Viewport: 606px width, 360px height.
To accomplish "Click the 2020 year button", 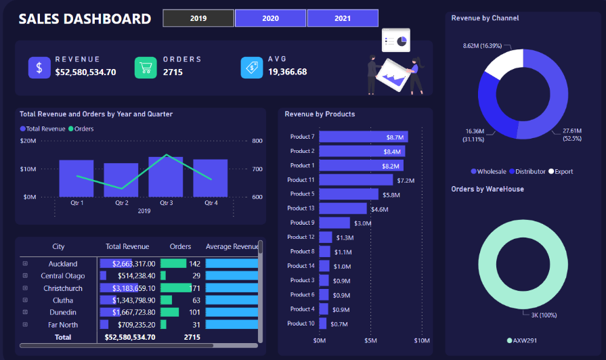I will (x=270, y=18).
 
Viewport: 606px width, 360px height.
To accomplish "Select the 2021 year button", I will (x=343, y=18).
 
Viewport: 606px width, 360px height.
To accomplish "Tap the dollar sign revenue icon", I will (x=39, y=68).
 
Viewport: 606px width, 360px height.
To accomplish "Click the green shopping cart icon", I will (x=146, y=68).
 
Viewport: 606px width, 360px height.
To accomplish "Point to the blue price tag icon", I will (x=252, y=68).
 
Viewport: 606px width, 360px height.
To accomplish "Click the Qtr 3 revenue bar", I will (x=166, y=177).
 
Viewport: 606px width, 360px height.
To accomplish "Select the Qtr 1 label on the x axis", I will (x=77, y=202).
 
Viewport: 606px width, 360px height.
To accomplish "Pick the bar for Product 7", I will (x=364, y=137).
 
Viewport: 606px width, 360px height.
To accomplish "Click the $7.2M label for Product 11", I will (x=406, y=180).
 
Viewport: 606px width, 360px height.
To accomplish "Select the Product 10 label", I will (x=301, y=323).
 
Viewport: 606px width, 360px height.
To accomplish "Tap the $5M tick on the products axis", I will (x=370, y=340).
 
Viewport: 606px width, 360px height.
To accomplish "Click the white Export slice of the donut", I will (x=498, y=64).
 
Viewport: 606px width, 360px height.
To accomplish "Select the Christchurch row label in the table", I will (x=63, y=288).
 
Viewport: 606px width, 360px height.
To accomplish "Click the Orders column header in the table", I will (x=180, y=247).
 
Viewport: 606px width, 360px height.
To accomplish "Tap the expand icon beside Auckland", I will (x=25, y=264).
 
